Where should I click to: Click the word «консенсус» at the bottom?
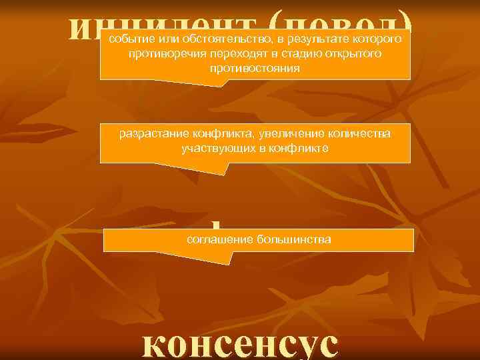pos(240,343)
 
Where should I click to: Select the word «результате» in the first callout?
pos(311,39)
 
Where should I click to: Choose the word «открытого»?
pos(350,54)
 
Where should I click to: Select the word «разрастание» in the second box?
pos(149,134)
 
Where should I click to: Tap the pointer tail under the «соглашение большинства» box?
pos(220,256)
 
